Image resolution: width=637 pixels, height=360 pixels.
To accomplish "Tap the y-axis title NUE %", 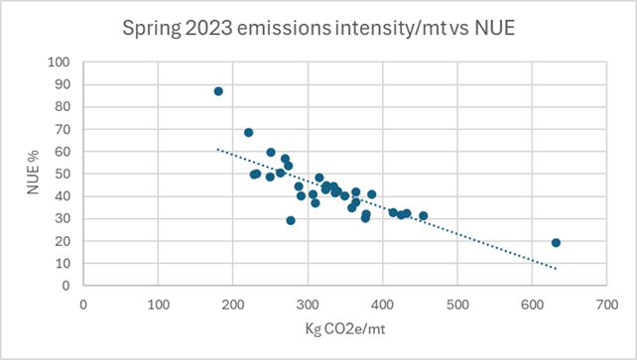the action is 33,173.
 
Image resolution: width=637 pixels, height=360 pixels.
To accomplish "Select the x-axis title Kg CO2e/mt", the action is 345,328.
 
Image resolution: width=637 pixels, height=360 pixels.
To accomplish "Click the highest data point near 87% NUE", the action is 218,91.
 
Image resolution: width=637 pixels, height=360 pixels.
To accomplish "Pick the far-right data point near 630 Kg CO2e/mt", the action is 556,243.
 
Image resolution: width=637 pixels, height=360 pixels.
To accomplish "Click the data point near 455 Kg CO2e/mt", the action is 424,216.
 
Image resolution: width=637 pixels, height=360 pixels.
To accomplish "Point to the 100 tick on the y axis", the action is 59,62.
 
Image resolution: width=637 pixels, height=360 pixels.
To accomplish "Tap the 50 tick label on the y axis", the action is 63,174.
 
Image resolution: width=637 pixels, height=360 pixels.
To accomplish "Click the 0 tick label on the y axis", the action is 65,286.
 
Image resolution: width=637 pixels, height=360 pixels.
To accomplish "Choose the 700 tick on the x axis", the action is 607,304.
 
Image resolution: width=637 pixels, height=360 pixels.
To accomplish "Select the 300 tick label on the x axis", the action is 308,304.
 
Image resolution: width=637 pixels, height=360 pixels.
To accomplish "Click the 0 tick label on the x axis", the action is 83,304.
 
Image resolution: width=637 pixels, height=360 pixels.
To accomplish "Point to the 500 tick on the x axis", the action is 457,304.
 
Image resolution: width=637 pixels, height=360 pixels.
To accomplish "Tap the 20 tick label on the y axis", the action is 63,241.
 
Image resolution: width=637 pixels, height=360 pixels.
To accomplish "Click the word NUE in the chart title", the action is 494,28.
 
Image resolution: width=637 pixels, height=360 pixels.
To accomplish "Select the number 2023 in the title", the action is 208,28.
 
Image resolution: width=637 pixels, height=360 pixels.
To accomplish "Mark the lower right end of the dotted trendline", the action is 556,269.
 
